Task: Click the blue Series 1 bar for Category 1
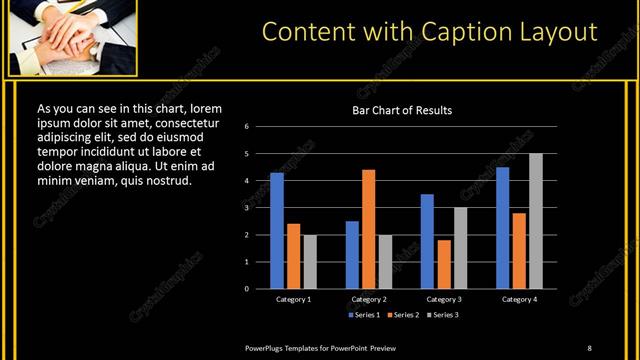coord(277,231)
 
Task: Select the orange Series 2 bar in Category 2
coord(369,229)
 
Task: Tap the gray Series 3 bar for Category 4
coord(536,221)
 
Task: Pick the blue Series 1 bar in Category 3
coord(427,241)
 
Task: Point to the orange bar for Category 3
coord(444,264)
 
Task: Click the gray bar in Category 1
coord(310,261)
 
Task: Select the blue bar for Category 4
coord(502,228)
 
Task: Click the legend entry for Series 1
coord(365,315)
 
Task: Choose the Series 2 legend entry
coord(402,315)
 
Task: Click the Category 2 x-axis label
coord(369,299)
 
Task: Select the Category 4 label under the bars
coord(519,299)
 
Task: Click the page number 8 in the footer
coord(589,347)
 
